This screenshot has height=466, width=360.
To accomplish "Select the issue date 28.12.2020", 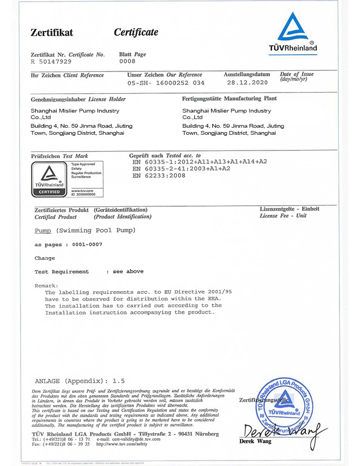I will pyautogui.click(x=247, y=83).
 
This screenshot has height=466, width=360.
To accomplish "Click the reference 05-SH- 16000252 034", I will pyautogui.click(x=166, y=83).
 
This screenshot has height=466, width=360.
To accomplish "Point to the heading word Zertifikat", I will pyautogui.click(x=51, y=33).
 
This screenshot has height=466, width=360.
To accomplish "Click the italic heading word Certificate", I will pyautogui.click(x=136, y=32).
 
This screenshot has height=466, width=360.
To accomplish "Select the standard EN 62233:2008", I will pyautogui.click(x=159, y=175).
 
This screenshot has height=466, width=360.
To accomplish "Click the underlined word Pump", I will pyautogui.click(x=43, y=231).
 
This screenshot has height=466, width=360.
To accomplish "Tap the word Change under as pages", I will pyautogui.click(x=44, y=258).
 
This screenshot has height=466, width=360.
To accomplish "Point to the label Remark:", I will pyautogui.click(x=46, y=285).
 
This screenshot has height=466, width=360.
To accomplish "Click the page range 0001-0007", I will pyautogui.click(x=87, y=245).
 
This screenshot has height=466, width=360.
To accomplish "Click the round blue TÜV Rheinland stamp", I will pyautogui.click(x=280, y=403).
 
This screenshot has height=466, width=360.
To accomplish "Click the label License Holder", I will pyautogui.click(x=107, y=99).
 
